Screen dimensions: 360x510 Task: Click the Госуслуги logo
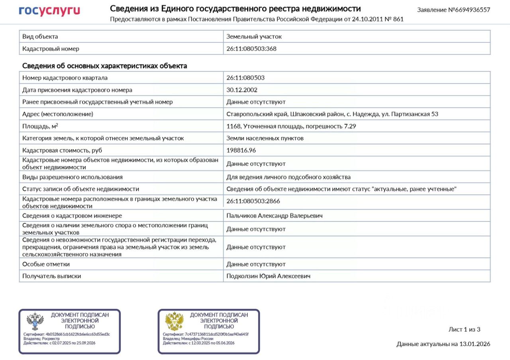pos(49,11)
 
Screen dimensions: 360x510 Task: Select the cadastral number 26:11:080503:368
pos(251,49)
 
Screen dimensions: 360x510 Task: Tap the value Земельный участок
pos(254,36)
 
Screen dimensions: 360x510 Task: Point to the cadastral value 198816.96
pos(241,150)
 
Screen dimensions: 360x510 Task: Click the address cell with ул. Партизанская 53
pos(332,114)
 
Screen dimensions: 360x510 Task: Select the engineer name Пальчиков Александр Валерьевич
pos(275,215)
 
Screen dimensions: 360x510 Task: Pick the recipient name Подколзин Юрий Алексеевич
pos(268,276)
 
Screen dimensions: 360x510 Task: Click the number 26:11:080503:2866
pos(253,201)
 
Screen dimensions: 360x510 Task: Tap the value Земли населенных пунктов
pos(265,138)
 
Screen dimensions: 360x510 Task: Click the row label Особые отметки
pos(46,264)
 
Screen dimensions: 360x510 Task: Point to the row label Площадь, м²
pos(40,126)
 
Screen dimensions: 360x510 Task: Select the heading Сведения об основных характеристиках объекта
pos(105,66)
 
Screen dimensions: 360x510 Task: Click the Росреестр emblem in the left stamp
pos(35,321)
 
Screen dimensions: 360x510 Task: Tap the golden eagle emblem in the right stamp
pos(174,321)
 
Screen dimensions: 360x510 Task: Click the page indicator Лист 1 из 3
pos(465,329)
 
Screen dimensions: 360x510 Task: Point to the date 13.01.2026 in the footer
pos(475,344)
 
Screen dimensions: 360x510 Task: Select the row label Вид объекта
pos(40,36)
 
